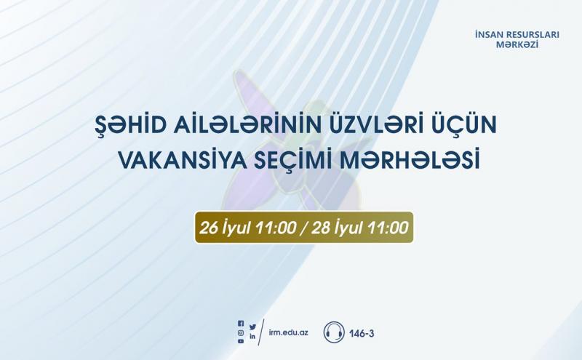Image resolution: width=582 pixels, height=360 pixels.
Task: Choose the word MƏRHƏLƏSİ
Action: click(410, 160)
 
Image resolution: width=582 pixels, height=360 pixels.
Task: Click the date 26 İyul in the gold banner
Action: click(224, 228)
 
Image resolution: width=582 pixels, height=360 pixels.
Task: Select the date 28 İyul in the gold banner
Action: click(336, 228)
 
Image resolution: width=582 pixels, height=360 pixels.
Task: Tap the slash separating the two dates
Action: click(304, 228)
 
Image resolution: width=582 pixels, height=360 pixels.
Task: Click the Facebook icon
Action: click(241, 324)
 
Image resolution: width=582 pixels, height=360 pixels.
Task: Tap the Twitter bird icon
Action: click(252, 327)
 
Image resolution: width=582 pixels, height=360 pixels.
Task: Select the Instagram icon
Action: click(241, 333)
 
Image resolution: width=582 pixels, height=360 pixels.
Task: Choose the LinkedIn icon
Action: click(252, 337)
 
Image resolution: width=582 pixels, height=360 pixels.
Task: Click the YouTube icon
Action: click(241, 341)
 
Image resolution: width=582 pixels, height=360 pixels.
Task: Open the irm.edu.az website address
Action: click(288, 332)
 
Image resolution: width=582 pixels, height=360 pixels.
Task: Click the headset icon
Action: click(334, 332)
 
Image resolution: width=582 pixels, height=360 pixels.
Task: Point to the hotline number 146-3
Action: click(362, 333)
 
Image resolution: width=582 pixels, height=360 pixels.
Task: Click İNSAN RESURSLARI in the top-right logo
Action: click(517, 35)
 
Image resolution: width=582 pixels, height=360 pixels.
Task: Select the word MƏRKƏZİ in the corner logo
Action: click(517, 45)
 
